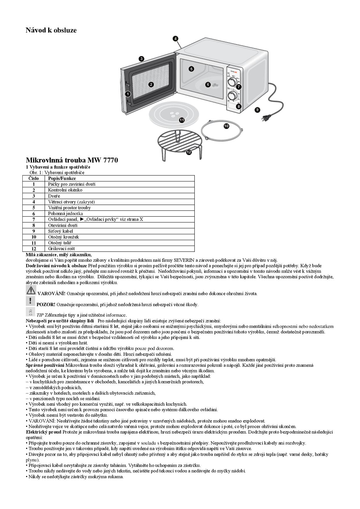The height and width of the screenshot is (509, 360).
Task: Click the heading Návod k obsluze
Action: [x=51, y=30]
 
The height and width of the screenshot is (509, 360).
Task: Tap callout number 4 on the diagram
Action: [x=175, y=39]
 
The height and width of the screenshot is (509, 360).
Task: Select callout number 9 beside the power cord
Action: [x=257, y=110]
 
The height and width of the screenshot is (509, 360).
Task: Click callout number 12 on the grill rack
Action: [x=189, y=152]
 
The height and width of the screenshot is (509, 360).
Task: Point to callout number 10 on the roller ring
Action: [x=226, y=126]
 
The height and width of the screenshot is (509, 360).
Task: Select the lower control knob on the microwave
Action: [x=233, y=95]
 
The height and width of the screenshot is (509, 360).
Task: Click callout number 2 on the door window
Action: [x=151, y=84]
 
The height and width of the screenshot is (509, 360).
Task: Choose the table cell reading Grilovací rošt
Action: [x=62, y=249]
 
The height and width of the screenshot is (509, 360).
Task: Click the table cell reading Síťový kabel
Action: [x=61, y=231]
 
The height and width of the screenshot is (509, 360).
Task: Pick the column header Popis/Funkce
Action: [x=62, y=178]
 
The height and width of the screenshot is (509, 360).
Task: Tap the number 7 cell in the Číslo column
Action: [x=34, y=219]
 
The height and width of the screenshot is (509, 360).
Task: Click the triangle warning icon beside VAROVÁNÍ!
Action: [x=30, y=290]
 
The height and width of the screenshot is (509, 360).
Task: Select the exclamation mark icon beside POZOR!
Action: [x=30, y=301]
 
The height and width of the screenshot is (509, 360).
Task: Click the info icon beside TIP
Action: [x=30, y=312]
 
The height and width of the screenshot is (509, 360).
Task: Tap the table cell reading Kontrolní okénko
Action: [x=65, y=190]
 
